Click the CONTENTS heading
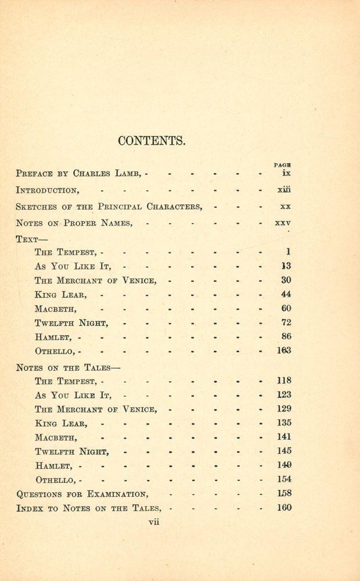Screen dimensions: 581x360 click(x=151, y=141)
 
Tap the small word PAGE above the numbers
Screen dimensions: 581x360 click(x=282, y=165)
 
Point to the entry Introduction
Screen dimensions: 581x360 click(x=48, y=190)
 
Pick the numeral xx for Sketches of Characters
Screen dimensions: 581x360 click(x=285, y=206)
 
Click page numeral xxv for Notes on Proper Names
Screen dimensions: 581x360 click(x=283, y=223)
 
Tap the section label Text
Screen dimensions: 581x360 click(x=27, y=238)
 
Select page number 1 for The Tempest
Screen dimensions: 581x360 click(x=288, y=252)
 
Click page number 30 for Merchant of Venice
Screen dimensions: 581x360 click(x=286, y=280)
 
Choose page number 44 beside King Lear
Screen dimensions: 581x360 click(x=286, y=294)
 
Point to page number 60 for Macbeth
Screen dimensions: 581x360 click(x=286, y=309)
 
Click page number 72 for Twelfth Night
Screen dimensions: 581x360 click(x=286, y=322)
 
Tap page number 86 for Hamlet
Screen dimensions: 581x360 click(x=286, y=336)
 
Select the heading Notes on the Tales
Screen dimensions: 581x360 click(x=68, y=367)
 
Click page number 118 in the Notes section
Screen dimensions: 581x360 click(x=284, y=381)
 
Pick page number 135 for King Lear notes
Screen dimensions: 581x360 click(x=284, y=423)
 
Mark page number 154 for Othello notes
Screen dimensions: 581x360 click(x=284, y=479)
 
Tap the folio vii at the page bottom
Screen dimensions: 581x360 click(x=154, y=522)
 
